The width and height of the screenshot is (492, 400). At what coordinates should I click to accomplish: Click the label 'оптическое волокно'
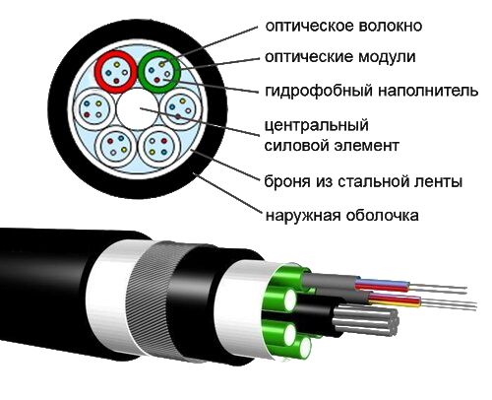click(343, 26)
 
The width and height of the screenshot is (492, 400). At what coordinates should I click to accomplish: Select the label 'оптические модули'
click(340, 57)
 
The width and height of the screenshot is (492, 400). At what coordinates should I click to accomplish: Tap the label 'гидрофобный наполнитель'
click(371, 90)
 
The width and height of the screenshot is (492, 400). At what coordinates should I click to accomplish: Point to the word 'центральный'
click(317, 125)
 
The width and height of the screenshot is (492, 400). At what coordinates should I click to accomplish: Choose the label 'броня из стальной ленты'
click(363, 181)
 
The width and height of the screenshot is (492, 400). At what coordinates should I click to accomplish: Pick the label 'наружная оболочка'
click(341, 216)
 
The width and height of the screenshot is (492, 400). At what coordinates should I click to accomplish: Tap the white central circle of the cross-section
click(138, 109)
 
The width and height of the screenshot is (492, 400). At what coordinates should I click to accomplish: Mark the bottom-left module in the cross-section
click(116, 147)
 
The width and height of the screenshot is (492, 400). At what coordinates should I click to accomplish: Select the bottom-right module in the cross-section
click(159, 147)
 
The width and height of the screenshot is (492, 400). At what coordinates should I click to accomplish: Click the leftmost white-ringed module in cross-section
click(94, 109)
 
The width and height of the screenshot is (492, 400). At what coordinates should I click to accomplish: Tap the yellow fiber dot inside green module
click(161, 64)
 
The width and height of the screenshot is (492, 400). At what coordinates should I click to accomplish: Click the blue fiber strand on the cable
click(383, 282)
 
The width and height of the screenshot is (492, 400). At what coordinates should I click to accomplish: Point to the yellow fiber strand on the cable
click(395, 302)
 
